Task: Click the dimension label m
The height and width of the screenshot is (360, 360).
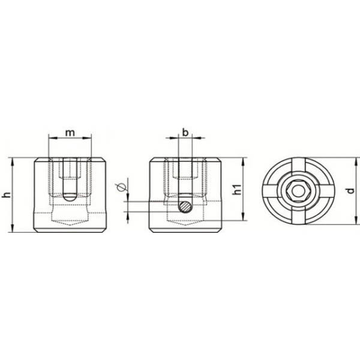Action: (x=70, y=133)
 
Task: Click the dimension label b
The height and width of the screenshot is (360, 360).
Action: (x=185, y=132)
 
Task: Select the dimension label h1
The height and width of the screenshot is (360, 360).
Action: (x=237, y=190)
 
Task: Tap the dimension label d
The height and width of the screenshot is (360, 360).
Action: (x=350, y=191)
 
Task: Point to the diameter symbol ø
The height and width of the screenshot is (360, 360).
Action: (x=121, y=188)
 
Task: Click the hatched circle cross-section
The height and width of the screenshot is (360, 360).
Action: (x=185, y=206)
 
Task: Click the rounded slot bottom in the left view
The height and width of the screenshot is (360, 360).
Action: (x=70, y=197)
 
